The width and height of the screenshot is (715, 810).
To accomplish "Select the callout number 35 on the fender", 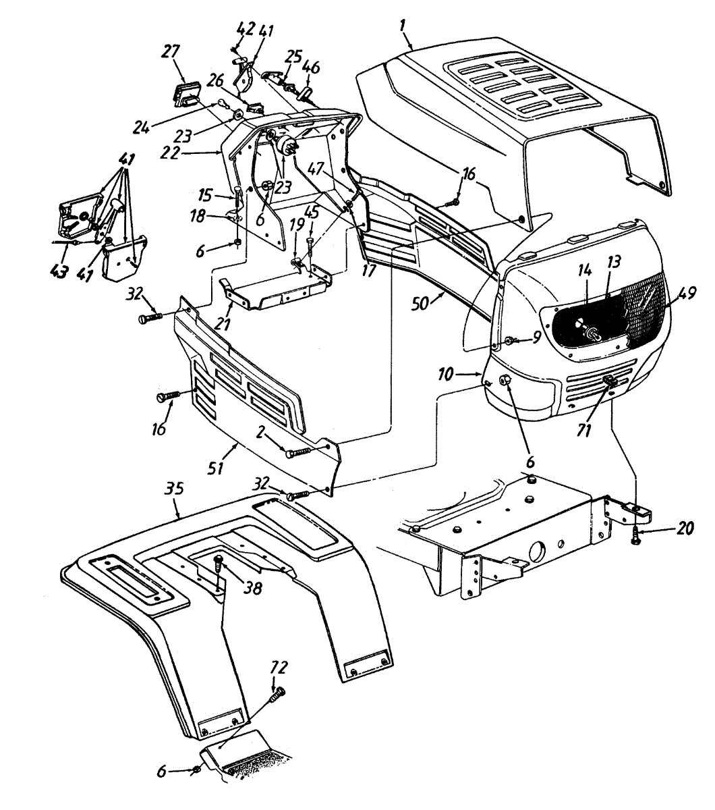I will pyautogui.click(x=175, y=489).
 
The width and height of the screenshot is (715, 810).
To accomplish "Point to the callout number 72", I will pyautogui.click(x=279, y=668).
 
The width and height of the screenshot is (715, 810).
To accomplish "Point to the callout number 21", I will pyautogui.click(x=222, y=323).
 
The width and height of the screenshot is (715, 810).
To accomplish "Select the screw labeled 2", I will pyautogui.click(x=301, y=452).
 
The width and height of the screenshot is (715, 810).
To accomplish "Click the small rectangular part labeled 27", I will pyautogui.click(x=185, y=93).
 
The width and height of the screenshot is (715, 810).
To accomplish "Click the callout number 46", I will pyautogui.click(x=310, y=67).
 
